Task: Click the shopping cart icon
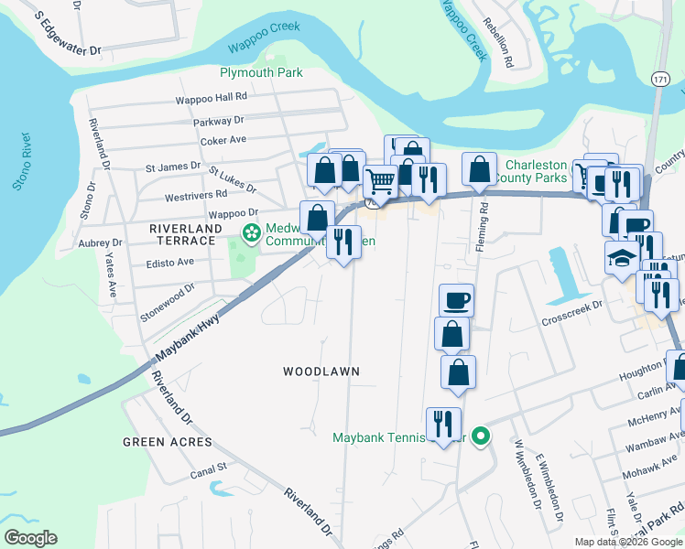(379, 179)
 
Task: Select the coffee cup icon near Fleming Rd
(455, 299)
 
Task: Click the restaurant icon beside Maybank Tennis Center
(443, 424)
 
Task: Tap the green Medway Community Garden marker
(250, 233)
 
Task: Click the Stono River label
(21, 161)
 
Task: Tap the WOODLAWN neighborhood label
(321, 371)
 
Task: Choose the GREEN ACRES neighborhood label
(167, 442)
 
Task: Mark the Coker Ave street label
(224, 140)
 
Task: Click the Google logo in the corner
(30, 538)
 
